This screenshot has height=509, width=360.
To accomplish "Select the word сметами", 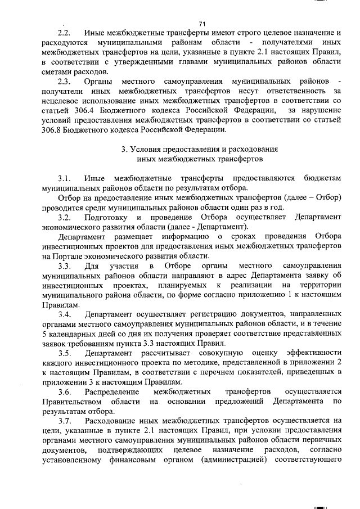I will pyautogui.click(x=56, y=73).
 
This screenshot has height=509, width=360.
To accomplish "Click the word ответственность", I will pyautogui.click(x=299, y=92).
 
